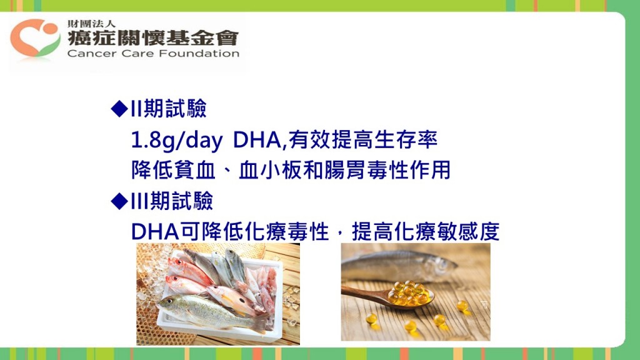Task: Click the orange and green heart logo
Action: (35, 37)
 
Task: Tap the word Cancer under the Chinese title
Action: (92, 54)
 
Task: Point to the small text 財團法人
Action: (91, 24)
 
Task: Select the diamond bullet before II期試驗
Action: (119, 109)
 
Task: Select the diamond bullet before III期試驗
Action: (119, 201)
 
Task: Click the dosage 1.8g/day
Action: (177, 141)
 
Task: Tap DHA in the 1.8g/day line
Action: (257, 140)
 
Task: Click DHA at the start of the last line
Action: (155, 232)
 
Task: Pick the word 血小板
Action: (270, 170)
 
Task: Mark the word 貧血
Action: (194, 170)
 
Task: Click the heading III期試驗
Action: (172, 201)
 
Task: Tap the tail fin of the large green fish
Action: (262, 324)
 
